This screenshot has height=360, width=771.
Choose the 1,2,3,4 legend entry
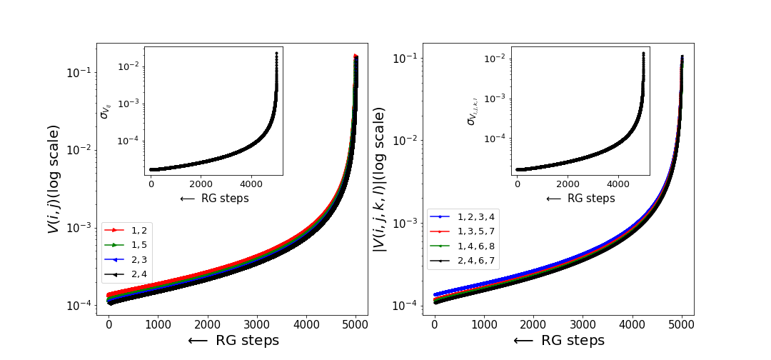pos(463,216)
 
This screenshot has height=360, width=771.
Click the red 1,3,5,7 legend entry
pos(463,230)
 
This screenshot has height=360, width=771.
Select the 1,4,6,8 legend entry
pos(463,245)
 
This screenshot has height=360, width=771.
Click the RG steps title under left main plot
pos(233,340)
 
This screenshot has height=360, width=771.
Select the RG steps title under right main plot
pos(558,340)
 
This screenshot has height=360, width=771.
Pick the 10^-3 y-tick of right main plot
pos(405,223)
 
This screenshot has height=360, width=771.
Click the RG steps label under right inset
pos(580,199)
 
